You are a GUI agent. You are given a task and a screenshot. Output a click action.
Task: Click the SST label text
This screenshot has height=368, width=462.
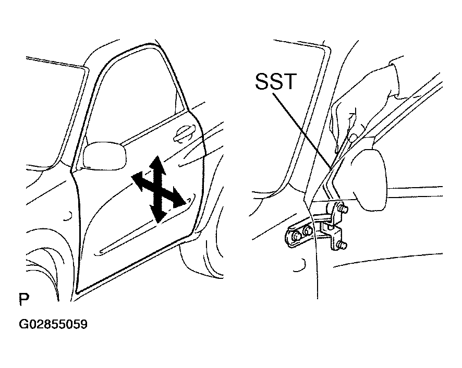(275, 81)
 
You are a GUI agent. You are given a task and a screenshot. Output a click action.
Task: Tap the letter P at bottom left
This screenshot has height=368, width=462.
(24, 299)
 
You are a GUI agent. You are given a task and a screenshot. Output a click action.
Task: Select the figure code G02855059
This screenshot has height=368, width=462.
(53, 324)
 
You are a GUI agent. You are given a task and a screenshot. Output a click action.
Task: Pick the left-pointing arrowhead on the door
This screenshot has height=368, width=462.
(138, 179)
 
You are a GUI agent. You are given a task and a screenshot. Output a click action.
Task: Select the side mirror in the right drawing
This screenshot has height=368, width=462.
(372, 180)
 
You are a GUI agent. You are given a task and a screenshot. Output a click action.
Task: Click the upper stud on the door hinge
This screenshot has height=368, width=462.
(343, 210)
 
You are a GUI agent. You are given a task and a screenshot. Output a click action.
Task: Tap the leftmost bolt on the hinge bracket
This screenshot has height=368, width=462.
(296, 236)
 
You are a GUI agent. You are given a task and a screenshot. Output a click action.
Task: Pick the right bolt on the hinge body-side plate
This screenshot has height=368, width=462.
(307, 231)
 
